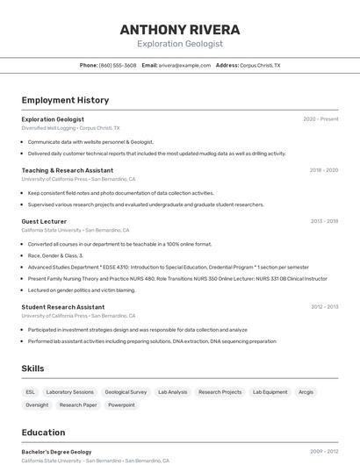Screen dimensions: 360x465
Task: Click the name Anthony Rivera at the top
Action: click(x=180, y=30)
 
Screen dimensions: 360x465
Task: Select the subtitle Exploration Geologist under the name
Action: click(x=180, y=44)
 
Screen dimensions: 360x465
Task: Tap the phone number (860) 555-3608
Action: click(x=118, y=65)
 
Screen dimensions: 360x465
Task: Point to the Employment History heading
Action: click(x=65, y=100)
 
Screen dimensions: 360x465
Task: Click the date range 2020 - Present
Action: click(x=320, y=119)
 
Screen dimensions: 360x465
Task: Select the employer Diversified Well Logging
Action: click(x=49, y=128)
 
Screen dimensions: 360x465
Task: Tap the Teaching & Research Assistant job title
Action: click(x=68, y=170)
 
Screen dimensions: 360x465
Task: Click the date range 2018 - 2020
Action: click(x=323, y=170)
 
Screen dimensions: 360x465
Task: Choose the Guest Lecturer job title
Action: click(x=44, y=221)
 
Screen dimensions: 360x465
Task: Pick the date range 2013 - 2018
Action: click(x=324, y=221)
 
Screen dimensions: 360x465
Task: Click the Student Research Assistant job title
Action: click(x=63, y=307)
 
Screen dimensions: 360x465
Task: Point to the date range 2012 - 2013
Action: click(x=324, y=307)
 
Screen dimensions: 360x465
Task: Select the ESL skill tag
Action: click(x=31, y=392)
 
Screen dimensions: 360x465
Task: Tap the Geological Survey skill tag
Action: click(x=126, y=392)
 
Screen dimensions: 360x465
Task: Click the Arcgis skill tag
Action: click(x=306, y=392)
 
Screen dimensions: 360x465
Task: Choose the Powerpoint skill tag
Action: click(x=122, y=405)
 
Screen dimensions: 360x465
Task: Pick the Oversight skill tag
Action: click(x=37, y=405)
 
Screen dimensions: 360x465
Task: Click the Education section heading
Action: click(x=43, y=433)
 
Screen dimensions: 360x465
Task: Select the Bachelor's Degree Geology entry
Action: click(x=56, y=452)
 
